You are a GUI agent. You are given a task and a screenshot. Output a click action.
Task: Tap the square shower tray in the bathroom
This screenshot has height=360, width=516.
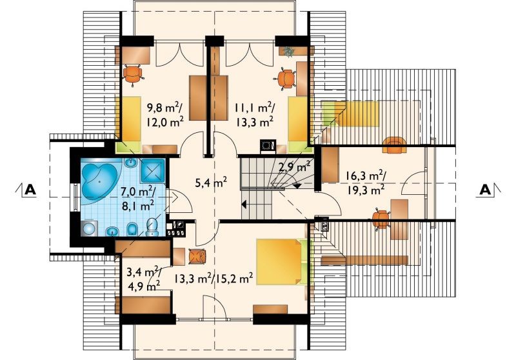click(x=153, y=171)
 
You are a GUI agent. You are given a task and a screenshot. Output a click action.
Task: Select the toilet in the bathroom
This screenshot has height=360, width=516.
click(x=152, y=226)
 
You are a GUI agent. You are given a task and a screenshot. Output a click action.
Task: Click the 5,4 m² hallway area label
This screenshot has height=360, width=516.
click(x=211, y=182)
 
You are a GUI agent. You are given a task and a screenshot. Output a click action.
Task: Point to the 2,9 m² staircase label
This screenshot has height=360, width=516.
click(x=295, y=167)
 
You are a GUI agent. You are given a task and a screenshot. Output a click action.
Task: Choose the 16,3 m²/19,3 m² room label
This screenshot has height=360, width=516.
click(x=365, y=183)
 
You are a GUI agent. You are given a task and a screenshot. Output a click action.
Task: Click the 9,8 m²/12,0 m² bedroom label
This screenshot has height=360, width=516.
click(x=165, y=114)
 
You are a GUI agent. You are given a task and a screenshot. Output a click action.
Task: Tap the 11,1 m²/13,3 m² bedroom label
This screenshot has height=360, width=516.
click(x=254, y=114)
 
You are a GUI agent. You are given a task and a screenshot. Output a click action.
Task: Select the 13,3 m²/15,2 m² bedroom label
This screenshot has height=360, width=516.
click(x=213, y=279)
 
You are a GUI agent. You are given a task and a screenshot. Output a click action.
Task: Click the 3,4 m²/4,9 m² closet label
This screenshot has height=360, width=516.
click(x=144, y=279)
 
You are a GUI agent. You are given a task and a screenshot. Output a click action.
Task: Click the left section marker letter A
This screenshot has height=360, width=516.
click(x=30, y=190)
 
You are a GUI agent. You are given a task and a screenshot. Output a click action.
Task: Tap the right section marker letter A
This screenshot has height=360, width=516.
click(x=485, y=190)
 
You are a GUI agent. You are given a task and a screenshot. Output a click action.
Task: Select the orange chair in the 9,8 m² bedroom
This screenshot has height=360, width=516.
click(x=134, y=75)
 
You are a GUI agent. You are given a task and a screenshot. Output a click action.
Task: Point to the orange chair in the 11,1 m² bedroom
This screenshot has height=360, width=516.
click(x=285, y=79)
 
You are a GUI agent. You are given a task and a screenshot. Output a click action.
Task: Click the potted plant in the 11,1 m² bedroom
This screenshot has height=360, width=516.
click(x=289, y=52)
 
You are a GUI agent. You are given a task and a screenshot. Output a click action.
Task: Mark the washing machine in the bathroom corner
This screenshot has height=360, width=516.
click(x=88, y=228)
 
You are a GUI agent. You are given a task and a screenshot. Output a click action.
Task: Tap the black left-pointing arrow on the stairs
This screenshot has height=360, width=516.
click(x=244, y=205)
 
